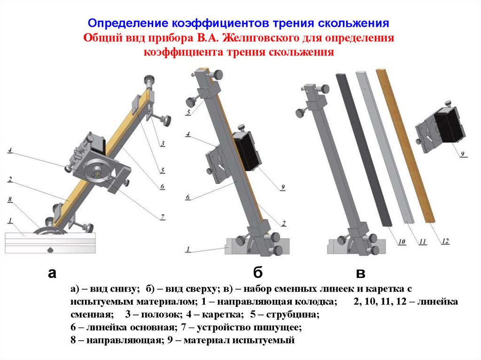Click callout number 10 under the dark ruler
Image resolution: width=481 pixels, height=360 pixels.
tap(402, 242)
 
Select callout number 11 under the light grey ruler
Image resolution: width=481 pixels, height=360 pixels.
tap(423, 242)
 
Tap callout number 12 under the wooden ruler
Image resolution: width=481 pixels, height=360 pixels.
tap(445, 241)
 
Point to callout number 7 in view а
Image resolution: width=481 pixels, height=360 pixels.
tap(163, 217)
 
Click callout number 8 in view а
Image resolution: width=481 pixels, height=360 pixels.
tap(10, 199)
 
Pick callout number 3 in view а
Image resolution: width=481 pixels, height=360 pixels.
tap(163, 143)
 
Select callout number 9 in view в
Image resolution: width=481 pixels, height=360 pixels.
tap(463, 153)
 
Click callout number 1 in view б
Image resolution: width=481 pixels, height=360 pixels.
tap(188, 249)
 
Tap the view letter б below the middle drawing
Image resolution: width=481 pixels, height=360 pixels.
tap(258, 272)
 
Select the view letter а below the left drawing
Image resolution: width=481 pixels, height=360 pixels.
tap(52, 273)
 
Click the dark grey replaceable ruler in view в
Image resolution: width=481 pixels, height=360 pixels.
tap(364, 150)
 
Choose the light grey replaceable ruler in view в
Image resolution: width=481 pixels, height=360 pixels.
tap(385, 147)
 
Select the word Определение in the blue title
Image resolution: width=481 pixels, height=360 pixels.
tap(128, 23)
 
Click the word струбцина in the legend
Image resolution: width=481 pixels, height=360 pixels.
tap(293, 314)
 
